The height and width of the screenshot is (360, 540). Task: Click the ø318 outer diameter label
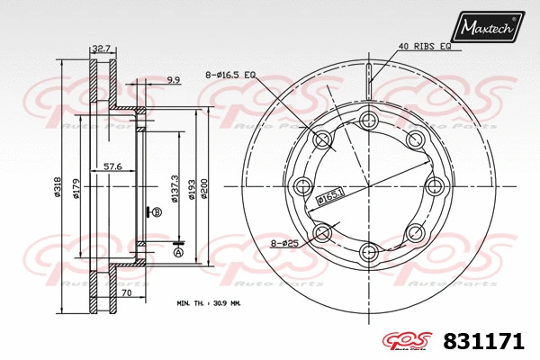pyautogui.click(x=58, y=186)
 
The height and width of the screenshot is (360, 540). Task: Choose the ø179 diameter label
pyautogui.click(x=78, y=186)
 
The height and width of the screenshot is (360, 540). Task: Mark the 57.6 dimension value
pyautogui.click(x=112, y=166)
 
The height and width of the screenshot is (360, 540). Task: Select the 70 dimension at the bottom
pyautogui.click(x=126, y=293)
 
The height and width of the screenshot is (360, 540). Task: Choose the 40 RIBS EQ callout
pyautogui.click(x=424, y=46)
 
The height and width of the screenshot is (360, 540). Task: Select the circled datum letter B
pyautogui.click(x=157, y=212)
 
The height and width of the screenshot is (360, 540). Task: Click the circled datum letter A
pyautogui.click(x=177, y=253)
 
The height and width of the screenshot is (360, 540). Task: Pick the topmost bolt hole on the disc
pyautogui.click(x=368, y=121)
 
